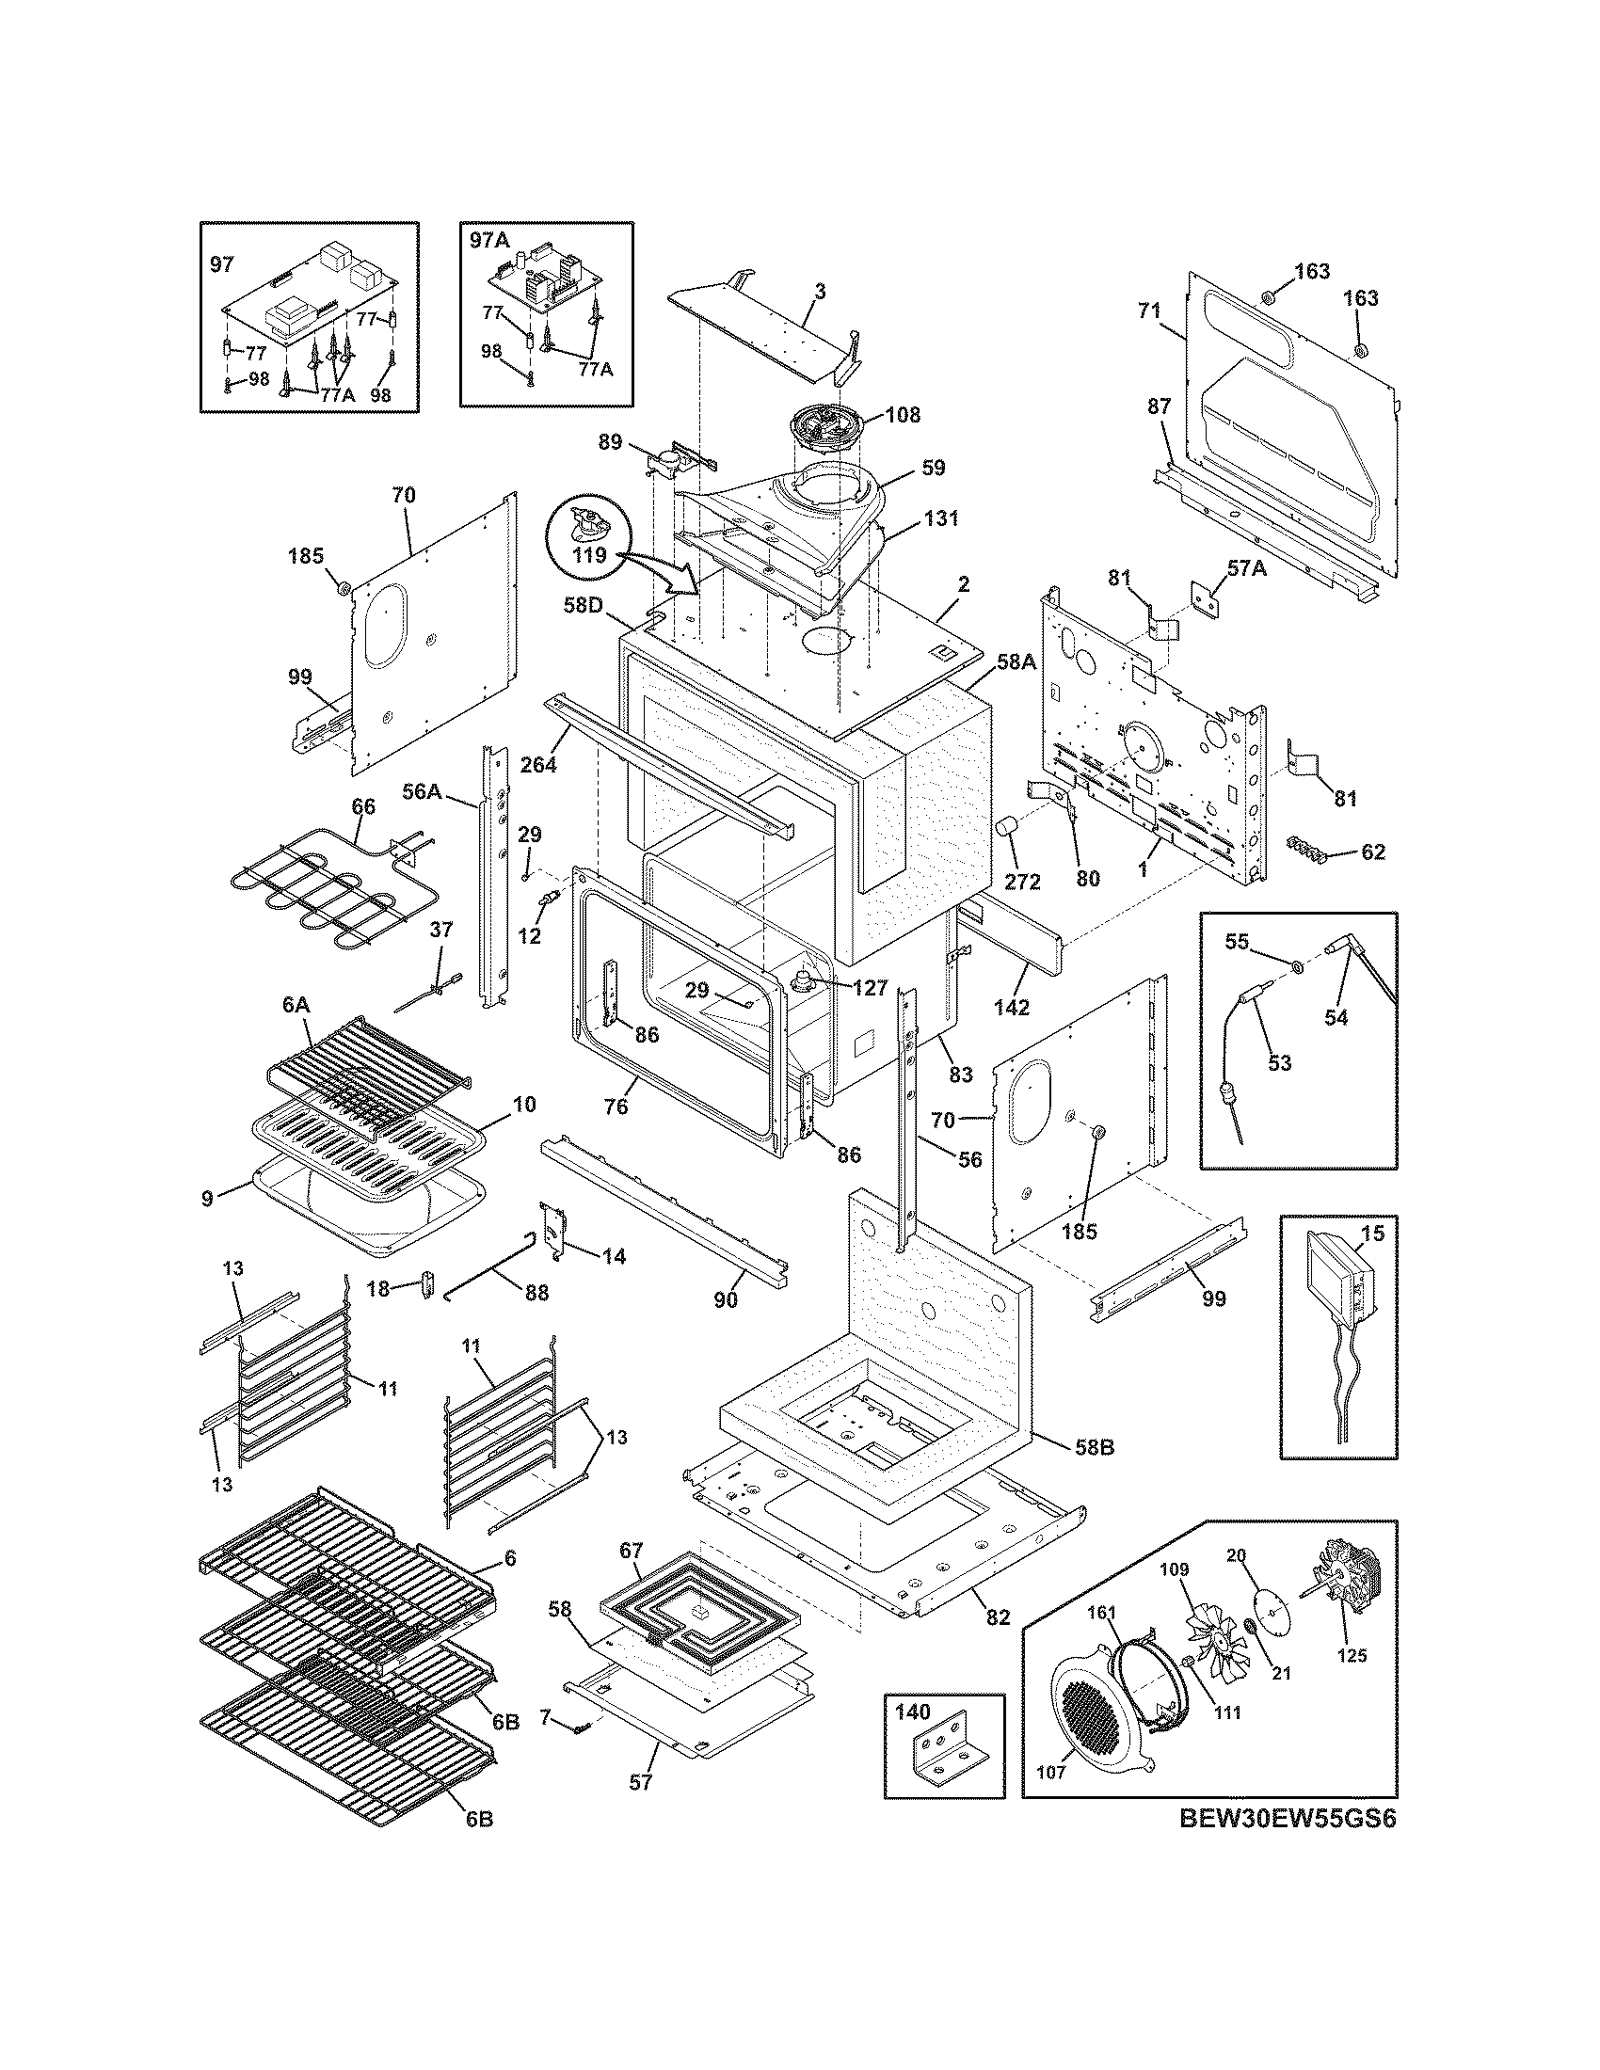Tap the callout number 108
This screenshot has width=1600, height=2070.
[903, 414]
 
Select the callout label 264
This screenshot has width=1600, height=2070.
[538, 763]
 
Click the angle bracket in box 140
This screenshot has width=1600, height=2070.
[944, 1758]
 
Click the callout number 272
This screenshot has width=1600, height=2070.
[1022, 882]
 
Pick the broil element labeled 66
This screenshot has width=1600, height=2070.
[322, 886]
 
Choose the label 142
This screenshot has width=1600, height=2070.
[1012, 1008]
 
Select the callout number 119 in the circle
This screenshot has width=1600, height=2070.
[589, 555]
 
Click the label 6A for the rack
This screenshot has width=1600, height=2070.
[296, 1004]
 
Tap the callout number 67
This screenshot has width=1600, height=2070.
[631, 1551]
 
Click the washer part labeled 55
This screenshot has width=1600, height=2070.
[1297, 966]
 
